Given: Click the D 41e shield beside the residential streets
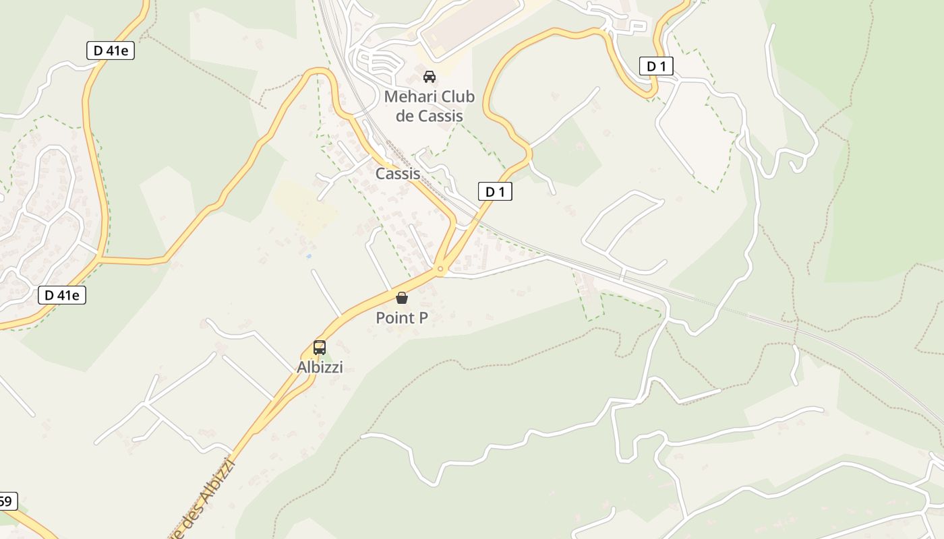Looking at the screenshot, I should click(61, 294).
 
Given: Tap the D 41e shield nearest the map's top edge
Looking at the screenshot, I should click(111, 51).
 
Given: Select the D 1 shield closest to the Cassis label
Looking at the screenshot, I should click(495, 191).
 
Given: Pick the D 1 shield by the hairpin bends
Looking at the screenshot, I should click(656, 66).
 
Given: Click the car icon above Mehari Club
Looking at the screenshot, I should click(430, 76).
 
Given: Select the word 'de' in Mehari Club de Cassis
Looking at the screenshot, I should click(405, 116).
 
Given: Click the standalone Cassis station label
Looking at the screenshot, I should click(398, 173).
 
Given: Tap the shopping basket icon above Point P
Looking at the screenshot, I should click(402, 297).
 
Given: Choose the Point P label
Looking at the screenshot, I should click(402, 317).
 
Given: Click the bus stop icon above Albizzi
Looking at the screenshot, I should click(320, 348).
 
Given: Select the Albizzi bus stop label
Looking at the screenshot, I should click(320, 367).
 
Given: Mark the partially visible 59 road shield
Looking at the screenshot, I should click(7, 501).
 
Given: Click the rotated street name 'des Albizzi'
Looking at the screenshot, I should click(209, 495).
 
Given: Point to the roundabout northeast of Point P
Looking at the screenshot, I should click(440, 269).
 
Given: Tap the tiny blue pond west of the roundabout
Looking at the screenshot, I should click(308, 256).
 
